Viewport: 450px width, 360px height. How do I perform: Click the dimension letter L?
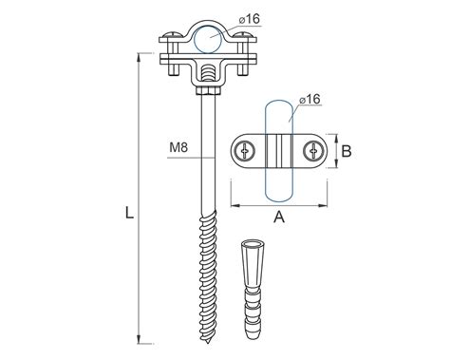click(x=129, y=213)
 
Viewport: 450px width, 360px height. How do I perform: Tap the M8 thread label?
click(x=178, y=147)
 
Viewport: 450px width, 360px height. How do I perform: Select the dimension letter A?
click(x=279, y=218)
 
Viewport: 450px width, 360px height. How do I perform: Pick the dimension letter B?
click(x=347, y=151)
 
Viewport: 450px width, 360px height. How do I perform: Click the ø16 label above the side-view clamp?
click(x=250, y=19)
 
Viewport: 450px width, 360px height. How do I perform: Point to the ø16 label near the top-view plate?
click(x=309, y=99)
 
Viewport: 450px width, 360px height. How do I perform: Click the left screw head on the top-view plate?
click(x=245, y=151)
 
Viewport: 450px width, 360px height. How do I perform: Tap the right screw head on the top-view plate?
click(x=313, y=151)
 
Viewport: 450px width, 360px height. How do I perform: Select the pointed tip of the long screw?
click(x=208, y=343)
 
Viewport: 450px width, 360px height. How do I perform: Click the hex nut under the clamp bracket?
click(x=208, y=91)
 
